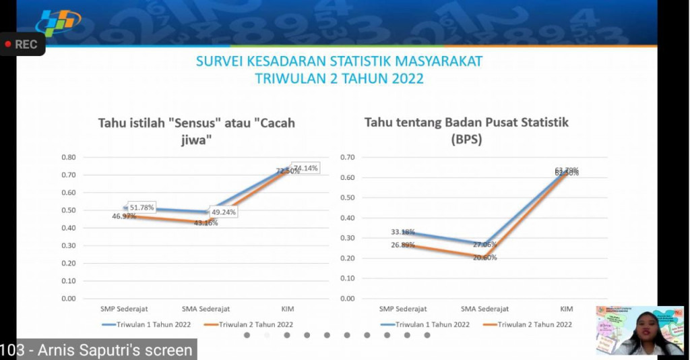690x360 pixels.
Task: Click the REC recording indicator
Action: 22,44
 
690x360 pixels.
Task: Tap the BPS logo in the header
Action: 58,23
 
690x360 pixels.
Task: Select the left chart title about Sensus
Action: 196,131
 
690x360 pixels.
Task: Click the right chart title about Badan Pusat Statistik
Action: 466,131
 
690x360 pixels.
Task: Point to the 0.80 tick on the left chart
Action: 68,157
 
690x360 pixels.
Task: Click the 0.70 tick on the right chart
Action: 347,157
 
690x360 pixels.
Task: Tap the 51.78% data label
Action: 142,207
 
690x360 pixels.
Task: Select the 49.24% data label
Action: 224,212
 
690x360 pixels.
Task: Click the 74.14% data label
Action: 305,168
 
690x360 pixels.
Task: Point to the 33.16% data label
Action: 403,233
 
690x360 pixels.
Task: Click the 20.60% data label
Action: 484,258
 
